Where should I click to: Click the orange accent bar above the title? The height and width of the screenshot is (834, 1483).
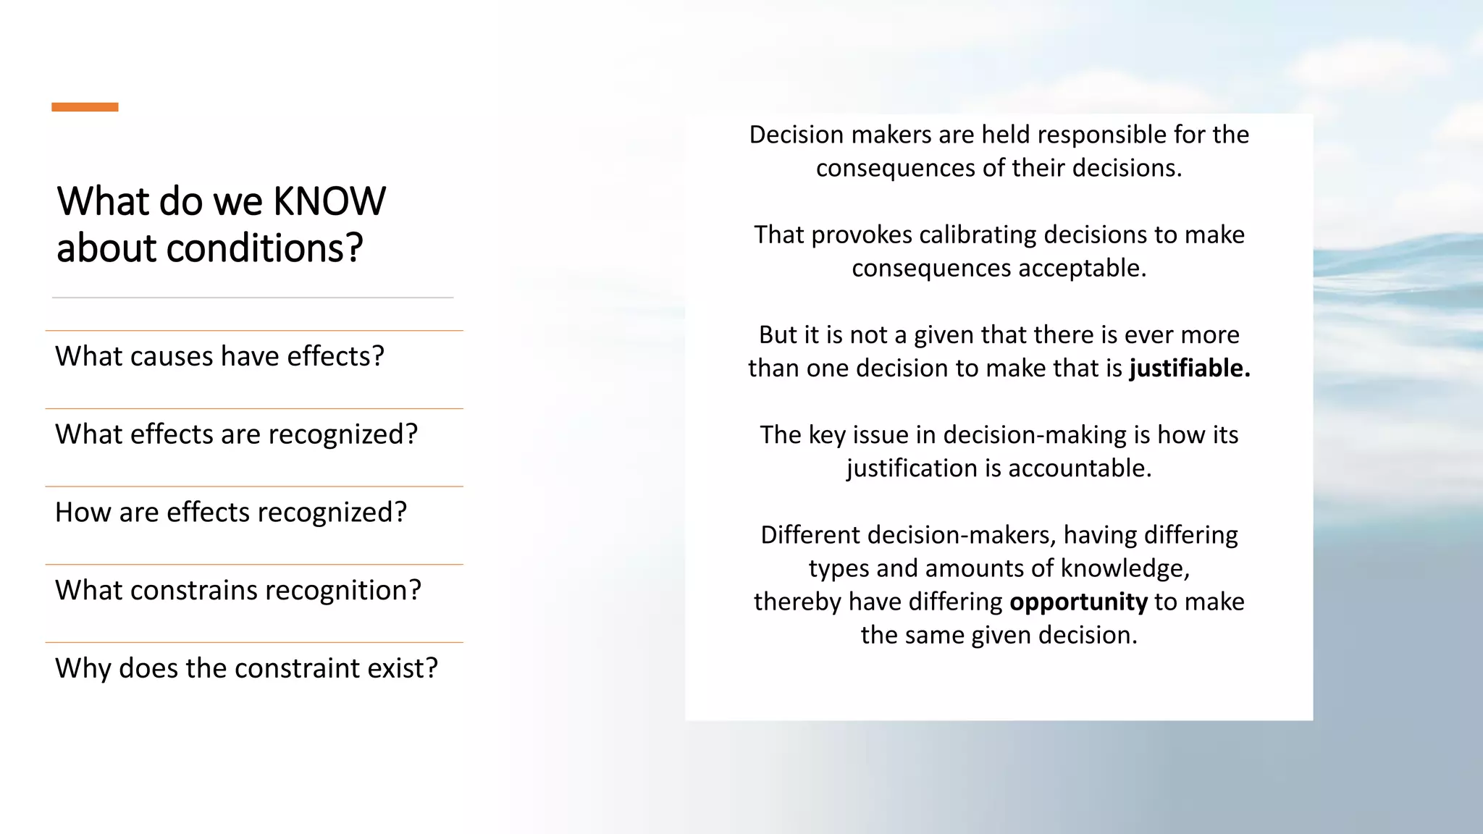pos(85,107)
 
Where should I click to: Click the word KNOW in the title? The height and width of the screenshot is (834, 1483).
pos(329,201)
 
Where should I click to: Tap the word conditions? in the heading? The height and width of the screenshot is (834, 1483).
pos(264,248)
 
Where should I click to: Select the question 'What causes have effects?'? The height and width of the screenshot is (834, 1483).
pos(219,356)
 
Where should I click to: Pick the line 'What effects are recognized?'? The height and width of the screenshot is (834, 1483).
pos(236,434)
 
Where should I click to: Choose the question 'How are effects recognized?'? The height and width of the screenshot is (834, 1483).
pos(231,513)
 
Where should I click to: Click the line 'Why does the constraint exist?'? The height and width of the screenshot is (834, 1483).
pos(246,668)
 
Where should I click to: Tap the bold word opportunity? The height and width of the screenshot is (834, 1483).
pos(1078,602)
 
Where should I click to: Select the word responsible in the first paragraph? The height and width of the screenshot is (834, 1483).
pos(1093,135)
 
